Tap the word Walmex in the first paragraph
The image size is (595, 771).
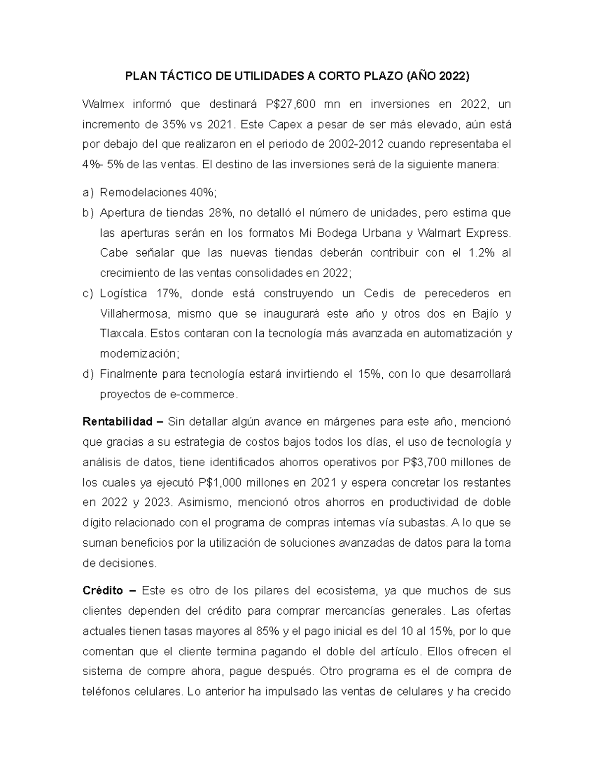pyautogui.click(x=102, y=104)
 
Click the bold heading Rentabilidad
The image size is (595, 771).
pyautogui.click(x=117, y=422)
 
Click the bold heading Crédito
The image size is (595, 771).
pyautogui.click(x=103, y=591)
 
